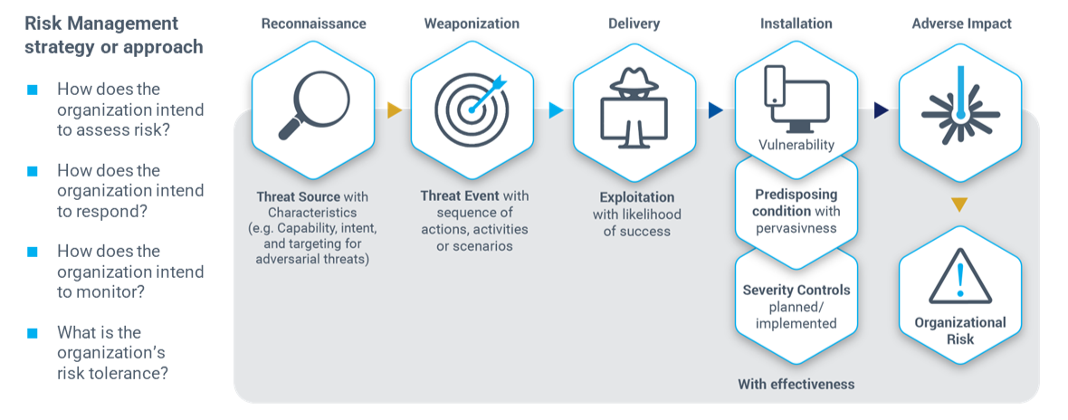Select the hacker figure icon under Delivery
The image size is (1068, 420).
point(634,108)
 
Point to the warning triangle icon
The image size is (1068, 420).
point(959,275)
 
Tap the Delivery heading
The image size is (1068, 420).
point(634,24)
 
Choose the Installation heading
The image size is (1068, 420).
point(796,24)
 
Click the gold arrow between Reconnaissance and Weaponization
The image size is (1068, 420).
point(394,110)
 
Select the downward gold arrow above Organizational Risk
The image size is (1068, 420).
point(959,205)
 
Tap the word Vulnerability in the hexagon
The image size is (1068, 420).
point(796,145)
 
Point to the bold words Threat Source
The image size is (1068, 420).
point(298,196)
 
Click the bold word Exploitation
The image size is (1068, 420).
point(637,196)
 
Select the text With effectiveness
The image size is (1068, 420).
point(796,385)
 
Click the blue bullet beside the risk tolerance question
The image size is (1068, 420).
point(33,332)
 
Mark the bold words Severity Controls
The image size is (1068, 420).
point(796,291)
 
